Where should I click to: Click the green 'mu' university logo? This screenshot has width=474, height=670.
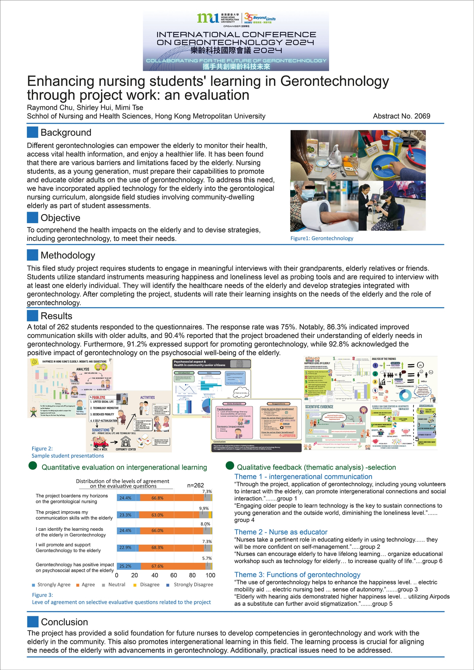click(x=207, y=18)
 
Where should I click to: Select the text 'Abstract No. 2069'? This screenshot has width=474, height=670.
click(x=401, y=116)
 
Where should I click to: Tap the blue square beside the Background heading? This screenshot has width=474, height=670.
click(x=32, y=132)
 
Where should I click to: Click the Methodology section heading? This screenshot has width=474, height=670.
click(x=68, y=255)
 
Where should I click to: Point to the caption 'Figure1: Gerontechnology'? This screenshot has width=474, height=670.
click(x=322, y=238)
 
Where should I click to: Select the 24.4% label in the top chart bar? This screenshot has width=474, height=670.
click(x=125, y=498)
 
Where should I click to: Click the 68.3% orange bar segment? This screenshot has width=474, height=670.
click(x=157, y=547)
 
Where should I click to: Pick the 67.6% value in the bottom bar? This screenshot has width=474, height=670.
click(x=157, y=566)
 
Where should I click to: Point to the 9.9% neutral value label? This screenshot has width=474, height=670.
click(x=204, y=508)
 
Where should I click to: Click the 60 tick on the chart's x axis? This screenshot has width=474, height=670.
click(x=173, y=575)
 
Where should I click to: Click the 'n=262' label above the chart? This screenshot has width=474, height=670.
click(x=195, y=485)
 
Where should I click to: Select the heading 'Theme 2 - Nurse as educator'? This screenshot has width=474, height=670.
click(x=281, y=532)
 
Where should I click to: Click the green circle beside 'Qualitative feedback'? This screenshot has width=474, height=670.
click(x=230, y=466)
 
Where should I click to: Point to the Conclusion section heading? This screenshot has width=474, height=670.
click(x=64, y=622)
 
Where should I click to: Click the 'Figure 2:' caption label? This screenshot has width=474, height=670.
click(x=42, y=449)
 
